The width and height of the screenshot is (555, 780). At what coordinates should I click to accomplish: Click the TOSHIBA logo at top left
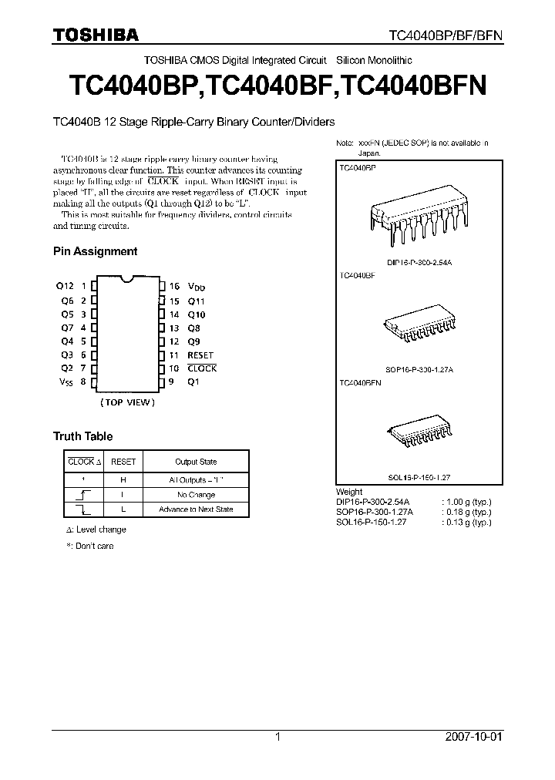[96, 35]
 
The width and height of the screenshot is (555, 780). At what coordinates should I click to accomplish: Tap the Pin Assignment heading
[95, 251]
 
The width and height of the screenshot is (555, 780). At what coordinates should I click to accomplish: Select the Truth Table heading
[82, 436]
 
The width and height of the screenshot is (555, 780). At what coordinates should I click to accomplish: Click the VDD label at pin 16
[197, 287]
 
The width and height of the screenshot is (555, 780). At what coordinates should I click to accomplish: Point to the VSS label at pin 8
[66, 382]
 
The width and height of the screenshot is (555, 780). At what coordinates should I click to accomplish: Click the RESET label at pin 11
[200, 355]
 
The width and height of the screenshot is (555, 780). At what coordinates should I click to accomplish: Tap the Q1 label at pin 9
[193, 382]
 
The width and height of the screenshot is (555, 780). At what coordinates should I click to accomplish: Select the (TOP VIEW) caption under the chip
[127, 402]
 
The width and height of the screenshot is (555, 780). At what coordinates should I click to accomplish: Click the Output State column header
[196, 462]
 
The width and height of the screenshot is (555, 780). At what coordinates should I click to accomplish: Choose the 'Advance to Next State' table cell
[196, 509]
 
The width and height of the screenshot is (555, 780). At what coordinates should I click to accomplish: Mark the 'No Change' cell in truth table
[196, 495]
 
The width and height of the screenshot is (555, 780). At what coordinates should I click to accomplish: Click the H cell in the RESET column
[123, 479]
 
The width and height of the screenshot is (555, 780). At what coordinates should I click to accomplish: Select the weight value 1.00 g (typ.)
[466, 502]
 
